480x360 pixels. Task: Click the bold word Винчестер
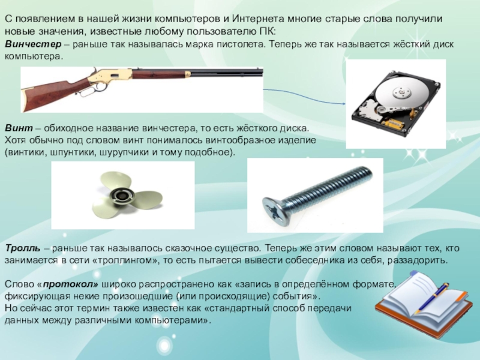(x=33, y=44)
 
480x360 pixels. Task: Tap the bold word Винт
(x=19, y=128)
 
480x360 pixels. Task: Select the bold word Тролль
(x=22, y=248)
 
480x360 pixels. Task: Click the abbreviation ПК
(x=268, y=32)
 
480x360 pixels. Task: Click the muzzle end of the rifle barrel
(x=262, y=73)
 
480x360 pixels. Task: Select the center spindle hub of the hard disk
(x=401, y=91)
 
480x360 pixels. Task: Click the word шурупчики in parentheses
(x=124, y=152)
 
